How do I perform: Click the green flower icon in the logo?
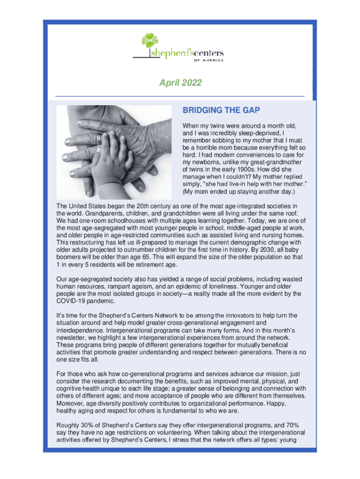click(149, 40)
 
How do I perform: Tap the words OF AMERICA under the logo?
click(209, 60)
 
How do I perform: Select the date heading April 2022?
click(180, 83)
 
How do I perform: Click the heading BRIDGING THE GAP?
click(221, 110)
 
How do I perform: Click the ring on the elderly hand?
click(99, 139)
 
